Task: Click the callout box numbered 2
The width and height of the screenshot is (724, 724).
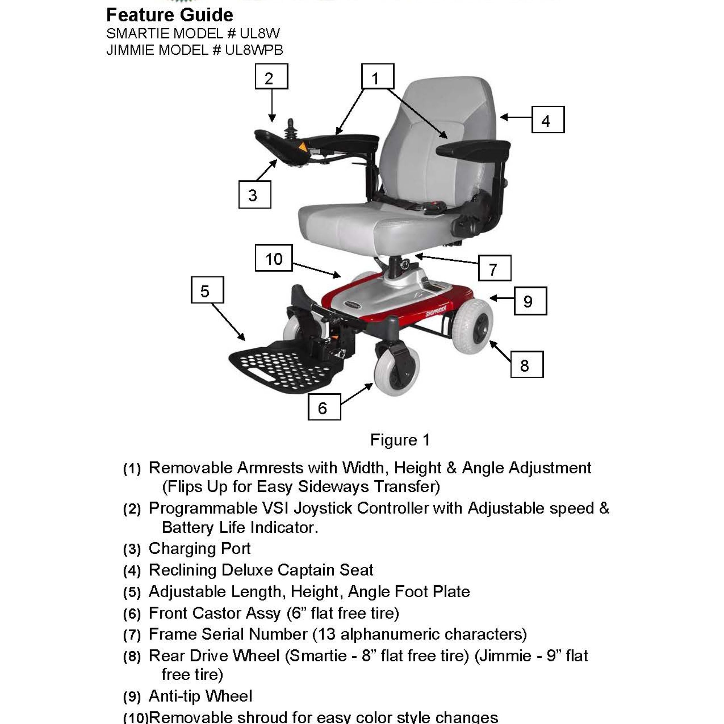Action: coord(271,77)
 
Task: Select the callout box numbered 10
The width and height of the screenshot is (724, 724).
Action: coord(274,258)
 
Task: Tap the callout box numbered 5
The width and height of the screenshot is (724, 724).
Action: coord(207,290)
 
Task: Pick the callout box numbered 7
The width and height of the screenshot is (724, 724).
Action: coord(494,268)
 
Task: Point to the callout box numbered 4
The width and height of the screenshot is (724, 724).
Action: coord(548,120)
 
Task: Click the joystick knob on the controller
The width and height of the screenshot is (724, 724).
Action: coord(290,123)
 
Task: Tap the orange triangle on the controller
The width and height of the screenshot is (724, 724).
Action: coord(302,147)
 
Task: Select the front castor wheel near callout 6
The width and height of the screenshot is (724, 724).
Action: coord(397,371)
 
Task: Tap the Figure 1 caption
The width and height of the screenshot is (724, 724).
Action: coord(400,440)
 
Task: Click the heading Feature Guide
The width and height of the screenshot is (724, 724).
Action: coord(170,15)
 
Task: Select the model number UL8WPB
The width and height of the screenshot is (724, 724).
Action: coord(254,50)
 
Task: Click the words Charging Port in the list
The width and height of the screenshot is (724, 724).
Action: coord(199,549)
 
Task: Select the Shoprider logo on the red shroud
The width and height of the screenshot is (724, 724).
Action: coord(435,311)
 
